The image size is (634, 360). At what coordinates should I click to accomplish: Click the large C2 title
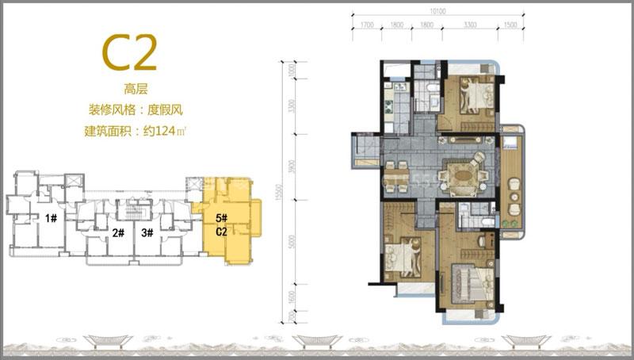coord(128,52)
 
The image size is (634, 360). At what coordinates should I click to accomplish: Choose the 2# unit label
coord(119,232)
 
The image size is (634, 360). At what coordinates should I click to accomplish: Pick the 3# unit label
coord(147,232)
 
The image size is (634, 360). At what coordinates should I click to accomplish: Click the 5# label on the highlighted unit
coord(221,217)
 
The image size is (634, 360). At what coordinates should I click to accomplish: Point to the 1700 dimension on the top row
coord(366,25)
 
